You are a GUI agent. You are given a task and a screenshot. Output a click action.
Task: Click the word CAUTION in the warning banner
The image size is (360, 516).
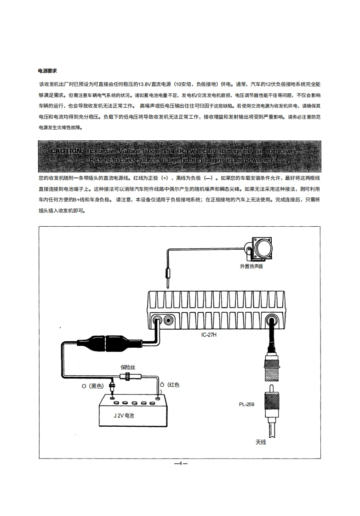click(67, 151)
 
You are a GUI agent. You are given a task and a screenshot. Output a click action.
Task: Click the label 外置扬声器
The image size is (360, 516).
click(251, 266)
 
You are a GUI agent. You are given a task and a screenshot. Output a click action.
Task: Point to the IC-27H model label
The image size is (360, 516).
click(208, 334)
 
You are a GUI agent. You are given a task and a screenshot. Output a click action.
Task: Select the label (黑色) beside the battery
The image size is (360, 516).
click(96, 386)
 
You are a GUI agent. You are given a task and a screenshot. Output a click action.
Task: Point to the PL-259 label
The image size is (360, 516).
click(247, 405)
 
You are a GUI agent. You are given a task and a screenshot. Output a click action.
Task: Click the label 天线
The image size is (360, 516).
click(261, 442)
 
